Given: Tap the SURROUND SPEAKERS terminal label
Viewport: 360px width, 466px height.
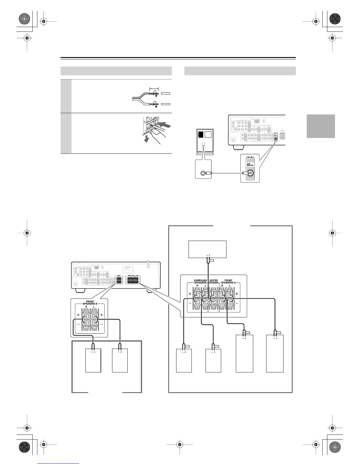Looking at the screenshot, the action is pyautogui.click(x=201, y=281).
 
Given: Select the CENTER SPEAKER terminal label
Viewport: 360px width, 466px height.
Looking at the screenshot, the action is pyautogui.click(x=214, y=281).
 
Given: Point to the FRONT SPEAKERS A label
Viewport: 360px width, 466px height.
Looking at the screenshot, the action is pyautogui.click(x=229, y=281).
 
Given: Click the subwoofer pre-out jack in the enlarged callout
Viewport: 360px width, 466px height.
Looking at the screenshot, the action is pyautogui.click(x=250, y=173).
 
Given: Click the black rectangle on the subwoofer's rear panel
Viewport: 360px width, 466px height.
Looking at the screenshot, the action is pyautogui.click(x=201, y=134).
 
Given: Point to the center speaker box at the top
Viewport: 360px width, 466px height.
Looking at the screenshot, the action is pyautogui.click(x=207, y=249).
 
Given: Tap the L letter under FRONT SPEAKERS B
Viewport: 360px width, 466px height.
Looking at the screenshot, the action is pyautogui.click(x=94, y=307).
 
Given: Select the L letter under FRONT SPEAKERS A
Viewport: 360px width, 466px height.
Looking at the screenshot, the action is pyautogui.click(x=229, y=285).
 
